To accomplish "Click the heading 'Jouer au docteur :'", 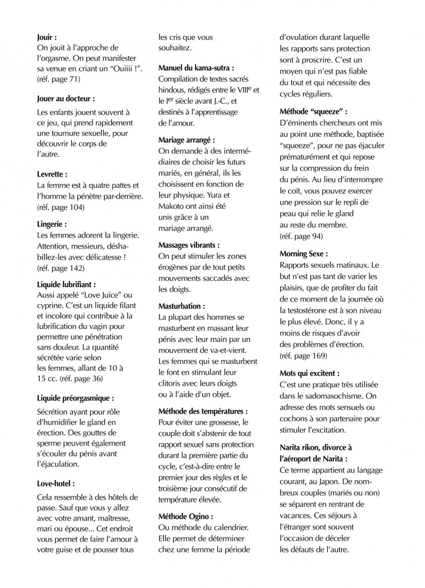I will (x=66, y=99).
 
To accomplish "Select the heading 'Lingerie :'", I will (x=52, y=224).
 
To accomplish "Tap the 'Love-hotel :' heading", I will (x=56, y=483).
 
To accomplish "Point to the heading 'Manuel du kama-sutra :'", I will (x=196, y=68).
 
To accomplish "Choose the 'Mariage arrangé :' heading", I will (x=187, y=140).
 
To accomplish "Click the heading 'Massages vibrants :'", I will (x=189, y=245).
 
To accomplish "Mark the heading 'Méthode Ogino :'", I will (x=186, y=516).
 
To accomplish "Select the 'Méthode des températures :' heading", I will (x=203, y=411).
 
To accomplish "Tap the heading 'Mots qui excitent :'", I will (x=310, y=373).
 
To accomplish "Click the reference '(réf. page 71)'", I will (x=58, y=79).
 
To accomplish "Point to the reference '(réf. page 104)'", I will (x=61, y=207).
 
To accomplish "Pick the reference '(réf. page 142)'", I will (x=61, y=268).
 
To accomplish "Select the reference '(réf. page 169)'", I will (x=303, y=356).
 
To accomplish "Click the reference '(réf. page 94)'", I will (x=301, y=236).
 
